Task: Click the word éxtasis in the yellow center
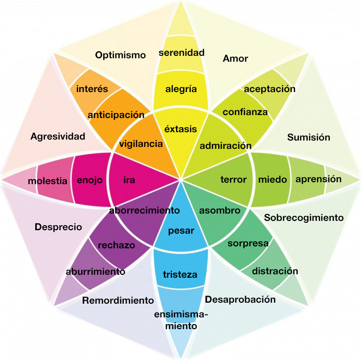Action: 181,129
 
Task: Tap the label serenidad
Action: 181,52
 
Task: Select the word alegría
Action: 181,89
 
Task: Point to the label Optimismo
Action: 120,55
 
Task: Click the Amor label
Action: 235,59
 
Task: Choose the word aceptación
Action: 270,89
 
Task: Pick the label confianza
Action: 245,112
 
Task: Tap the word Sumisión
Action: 308,137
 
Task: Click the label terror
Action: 233,179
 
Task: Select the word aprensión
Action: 318,179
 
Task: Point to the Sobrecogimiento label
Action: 304,217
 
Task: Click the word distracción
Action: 275,270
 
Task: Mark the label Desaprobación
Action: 240,299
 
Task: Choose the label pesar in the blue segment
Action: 181,231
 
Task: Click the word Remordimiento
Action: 118,300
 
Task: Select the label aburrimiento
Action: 95,271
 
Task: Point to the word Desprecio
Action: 58,227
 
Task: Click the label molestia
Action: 47,181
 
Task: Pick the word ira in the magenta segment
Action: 129,180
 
